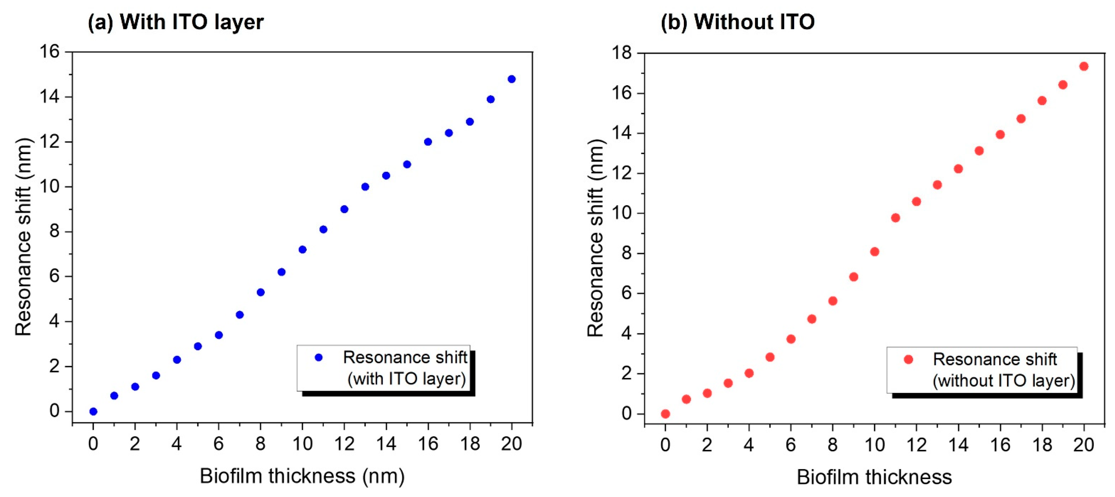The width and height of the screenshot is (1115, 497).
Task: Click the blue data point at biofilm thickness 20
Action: click(x=511, y=79)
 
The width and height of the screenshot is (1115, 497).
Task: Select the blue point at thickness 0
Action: click(x=93, y=411)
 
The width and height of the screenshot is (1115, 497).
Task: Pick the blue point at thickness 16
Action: click(x=428, y=142)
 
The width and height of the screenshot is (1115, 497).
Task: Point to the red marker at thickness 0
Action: click(x=666, y=414)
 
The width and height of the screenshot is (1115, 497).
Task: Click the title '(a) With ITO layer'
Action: click(x=175, y=22)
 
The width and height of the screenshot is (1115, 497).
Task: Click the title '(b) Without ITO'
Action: click(x=737, y=22)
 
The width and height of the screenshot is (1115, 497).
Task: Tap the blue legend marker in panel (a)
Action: click(x=318, y=357)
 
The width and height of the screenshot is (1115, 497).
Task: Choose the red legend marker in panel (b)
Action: click(x=908, y=359)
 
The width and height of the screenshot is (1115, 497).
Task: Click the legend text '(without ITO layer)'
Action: click(x=1003, y=381)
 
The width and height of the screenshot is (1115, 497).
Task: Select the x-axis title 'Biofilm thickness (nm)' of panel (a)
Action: click(x=302, y=476)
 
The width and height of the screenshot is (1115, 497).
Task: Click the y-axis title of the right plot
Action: click(x=596, y=238)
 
